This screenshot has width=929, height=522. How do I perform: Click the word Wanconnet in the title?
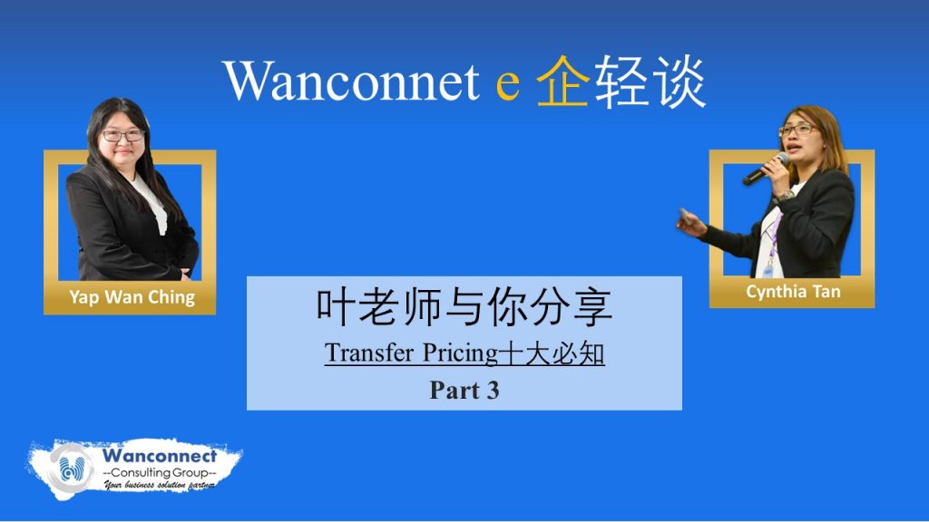[x=351, y=81]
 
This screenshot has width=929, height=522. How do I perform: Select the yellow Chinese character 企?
[x=562, y=81]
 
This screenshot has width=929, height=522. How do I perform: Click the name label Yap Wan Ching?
[x=132, y=297]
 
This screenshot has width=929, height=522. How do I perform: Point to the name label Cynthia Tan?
[x=793, y=292]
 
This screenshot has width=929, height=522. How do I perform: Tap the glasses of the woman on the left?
[x=122, y=136]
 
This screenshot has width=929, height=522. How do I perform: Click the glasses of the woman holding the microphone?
[x=797, y=130]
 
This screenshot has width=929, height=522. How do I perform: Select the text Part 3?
[x=464, y=390]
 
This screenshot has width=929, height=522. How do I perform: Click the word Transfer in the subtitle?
[x=368, y=353]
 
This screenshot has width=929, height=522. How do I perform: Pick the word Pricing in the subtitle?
[x=460, y=354]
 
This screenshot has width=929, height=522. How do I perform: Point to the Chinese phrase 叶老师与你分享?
[x=464, y=306]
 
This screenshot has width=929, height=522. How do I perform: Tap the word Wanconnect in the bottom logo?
[x=160, y=457]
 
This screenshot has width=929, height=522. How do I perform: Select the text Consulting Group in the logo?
[x=160, y=472]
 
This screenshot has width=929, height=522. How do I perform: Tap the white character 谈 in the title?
[x=679, y=81]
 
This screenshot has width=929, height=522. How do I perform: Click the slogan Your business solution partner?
[x=160, y=486]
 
